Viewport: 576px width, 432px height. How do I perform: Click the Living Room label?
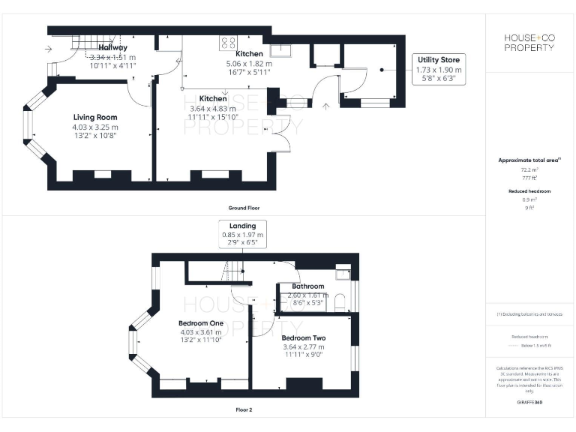95,117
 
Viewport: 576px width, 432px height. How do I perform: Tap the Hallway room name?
112,48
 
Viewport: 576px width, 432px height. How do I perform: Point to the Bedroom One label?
200,322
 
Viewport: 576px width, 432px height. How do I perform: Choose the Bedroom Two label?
304,337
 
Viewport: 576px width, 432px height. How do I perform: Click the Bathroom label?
308,286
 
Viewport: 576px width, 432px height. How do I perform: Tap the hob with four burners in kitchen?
228,43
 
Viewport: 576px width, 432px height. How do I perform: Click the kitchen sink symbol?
283,49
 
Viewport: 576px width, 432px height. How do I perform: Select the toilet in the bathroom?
341,301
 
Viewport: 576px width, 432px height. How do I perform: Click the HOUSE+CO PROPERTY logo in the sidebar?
529,43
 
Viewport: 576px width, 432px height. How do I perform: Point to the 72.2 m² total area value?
529,170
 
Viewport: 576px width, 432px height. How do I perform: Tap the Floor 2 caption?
244,410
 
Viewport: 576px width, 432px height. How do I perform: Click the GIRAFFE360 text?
529,403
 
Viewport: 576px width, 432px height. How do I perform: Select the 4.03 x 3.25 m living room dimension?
95,127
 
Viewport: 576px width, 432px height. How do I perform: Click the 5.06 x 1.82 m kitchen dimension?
249,64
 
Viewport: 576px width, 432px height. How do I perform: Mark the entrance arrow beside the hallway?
49,50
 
